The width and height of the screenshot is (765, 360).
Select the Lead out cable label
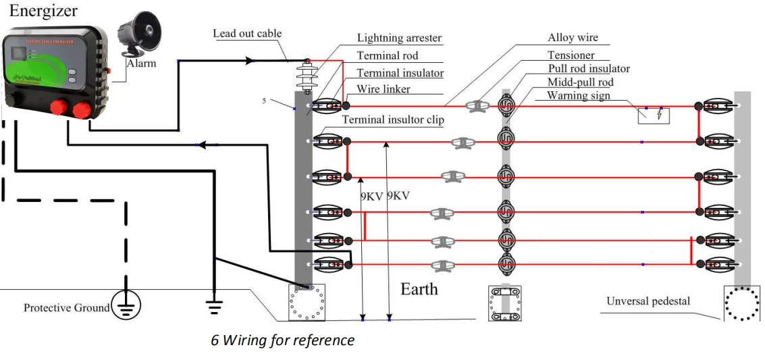point(247,33)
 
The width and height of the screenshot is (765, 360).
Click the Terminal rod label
point(388,56)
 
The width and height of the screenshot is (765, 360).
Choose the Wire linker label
point(384,89)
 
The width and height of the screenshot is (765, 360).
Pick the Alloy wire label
point(573,38)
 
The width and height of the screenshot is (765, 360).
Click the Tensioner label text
point(571,55)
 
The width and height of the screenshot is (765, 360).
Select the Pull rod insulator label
point(589,68)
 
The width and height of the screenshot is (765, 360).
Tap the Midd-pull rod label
point(581,82)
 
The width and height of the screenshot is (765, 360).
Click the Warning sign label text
point(578,95)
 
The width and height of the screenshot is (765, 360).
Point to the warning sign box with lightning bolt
point(654,115)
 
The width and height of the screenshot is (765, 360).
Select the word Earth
point(419,289)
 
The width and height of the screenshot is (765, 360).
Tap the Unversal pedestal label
point(648,301)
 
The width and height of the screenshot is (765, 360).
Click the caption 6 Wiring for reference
point(282,340)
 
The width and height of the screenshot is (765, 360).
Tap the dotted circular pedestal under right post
point(742,303)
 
